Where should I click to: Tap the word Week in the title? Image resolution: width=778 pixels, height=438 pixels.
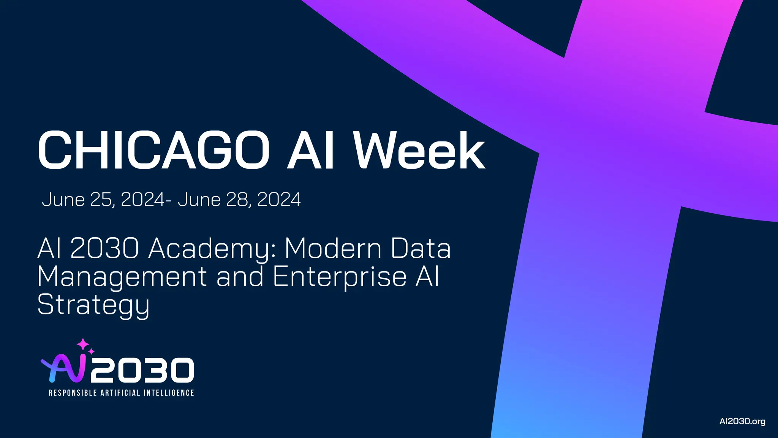click(x=419, y=150)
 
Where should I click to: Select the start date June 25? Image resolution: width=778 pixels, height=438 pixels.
click(x=78, y=200)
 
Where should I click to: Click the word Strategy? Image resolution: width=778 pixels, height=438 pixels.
click(x=93, y=305)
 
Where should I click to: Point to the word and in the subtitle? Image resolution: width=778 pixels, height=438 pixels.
click(x=240, y=276)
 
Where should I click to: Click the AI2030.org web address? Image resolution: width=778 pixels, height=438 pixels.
click(x=742, y=421)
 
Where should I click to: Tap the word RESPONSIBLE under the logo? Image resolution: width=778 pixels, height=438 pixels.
click(x=73, y=393)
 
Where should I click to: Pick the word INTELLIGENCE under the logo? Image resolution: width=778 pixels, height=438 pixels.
click(x=169, y=393)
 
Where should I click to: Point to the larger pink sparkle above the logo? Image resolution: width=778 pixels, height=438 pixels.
click(x=83, y=344)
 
